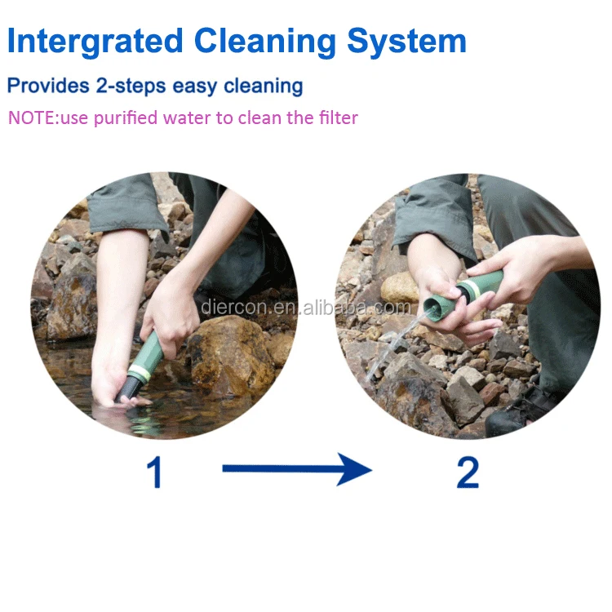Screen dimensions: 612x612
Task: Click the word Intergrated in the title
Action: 95,42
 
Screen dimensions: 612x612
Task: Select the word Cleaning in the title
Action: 265,42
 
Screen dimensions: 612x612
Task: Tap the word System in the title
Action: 406,42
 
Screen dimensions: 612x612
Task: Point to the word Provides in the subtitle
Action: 48,85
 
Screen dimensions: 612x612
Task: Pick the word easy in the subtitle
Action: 194,87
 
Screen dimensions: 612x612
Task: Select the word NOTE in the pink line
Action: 33,118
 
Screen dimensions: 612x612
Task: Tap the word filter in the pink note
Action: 338,118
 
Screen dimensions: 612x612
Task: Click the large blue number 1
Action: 154,472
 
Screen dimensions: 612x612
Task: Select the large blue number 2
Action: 468,472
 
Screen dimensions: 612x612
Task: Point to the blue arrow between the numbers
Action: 297,468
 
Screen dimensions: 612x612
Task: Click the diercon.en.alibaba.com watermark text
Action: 306,308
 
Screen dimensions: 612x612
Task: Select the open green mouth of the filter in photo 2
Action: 433,307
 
